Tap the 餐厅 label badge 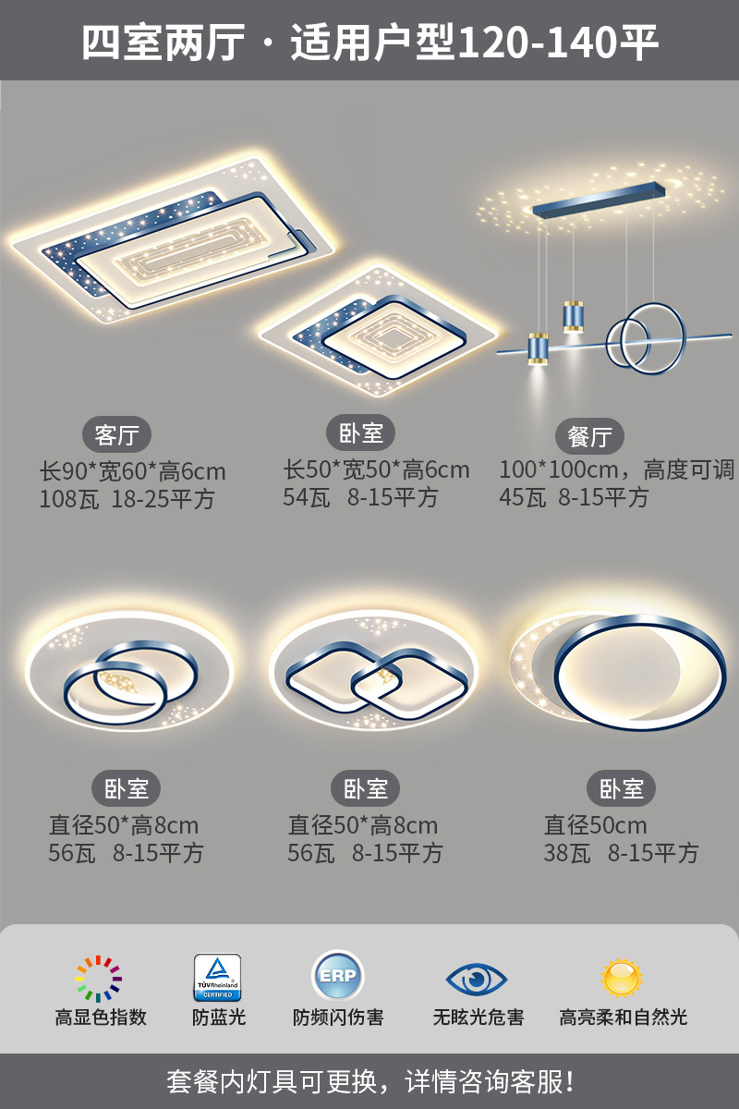click(589, 435)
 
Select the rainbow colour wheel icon click(99, 979)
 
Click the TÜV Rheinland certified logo click(217, 978)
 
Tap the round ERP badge click(338, 976)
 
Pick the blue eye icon click(477, 978)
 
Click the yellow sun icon click(622, 977)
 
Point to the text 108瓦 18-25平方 click(127, 500)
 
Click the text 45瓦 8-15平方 click(574, 497)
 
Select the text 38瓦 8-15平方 click(621, 853)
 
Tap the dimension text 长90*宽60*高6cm click(132, 471)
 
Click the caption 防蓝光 click(219, 1018)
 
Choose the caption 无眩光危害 click(479, 1018)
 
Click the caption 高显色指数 click(101, 1018)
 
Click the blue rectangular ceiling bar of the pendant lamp click(599, 197)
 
